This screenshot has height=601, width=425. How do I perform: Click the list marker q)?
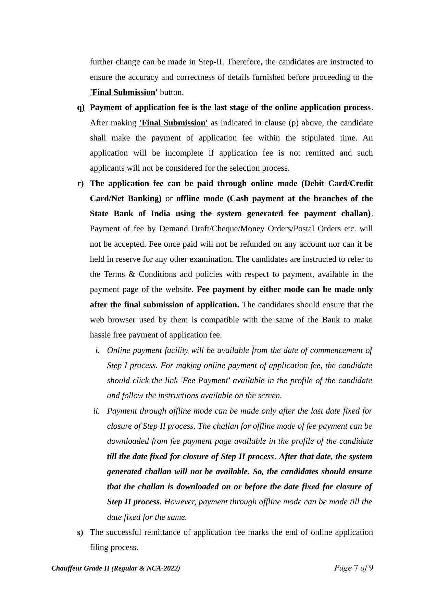click(x=81, y=108)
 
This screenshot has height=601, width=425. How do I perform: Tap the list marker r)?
click(x=80, y=184)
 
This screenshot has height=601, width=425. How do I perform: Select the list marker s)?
click(x=80, y=532)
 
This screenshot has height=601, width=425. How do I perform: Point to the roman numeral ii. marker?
click(x=96, y=411)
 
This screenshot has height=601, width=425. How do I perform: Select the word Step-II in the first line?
click(x=211, y=62)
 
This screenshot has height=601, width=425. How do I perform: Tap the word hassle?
click(x=100, y=335)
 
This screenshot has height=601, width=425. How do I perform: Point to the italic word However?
click(x=180, y=502)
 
